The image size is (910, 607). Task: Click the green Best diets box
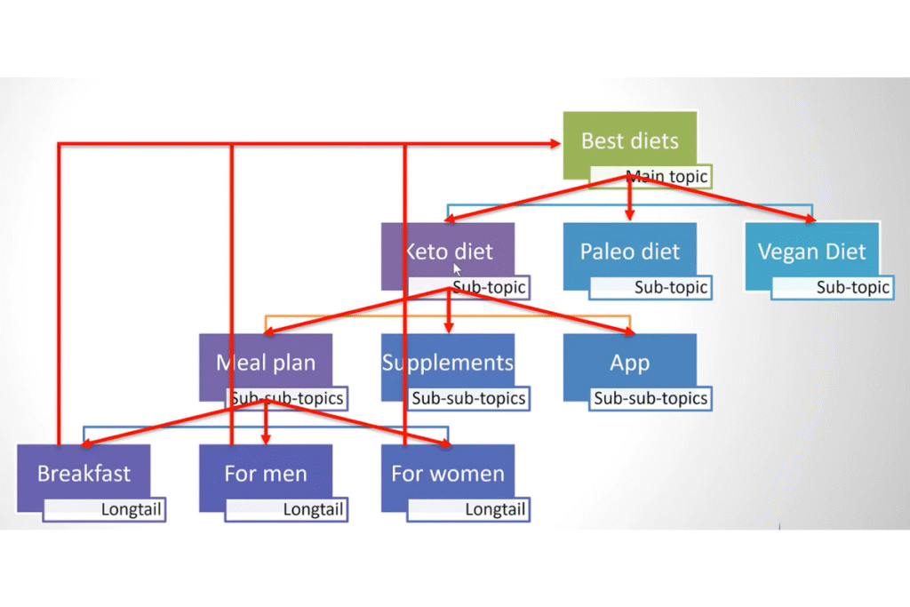coord(629,140)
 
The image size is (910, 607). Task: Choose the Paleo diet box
coord(629,251)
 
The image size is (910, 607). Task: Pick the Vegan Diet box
coord(812,251)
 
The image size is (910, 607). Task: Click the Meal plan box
coord(265,362)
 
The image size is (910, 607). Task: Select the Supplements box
coord(448,362)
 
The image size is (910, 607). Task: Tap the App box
coord(629,362)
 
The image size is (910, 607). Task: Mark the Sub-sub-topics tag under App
coord(651,399)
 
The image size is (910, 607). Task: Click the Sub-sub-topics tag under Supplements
coord(468,399)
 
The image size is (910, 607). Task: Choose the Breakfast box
coord(83,473)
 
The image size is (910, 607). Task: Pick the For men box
coord(265,473)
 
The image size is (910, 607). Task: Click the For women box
coord(448,473)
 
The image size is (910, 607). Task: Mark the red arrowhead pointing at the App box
coord(627,331)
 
